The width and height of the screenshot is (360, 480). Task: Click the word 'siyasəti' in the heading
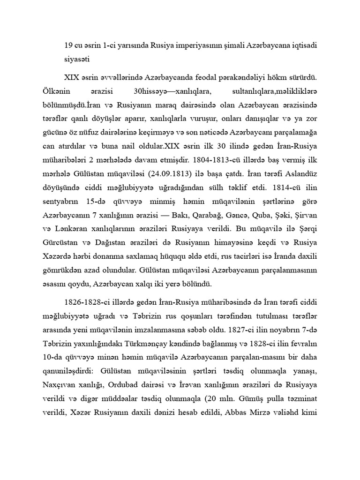click(x=77, y=60)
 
